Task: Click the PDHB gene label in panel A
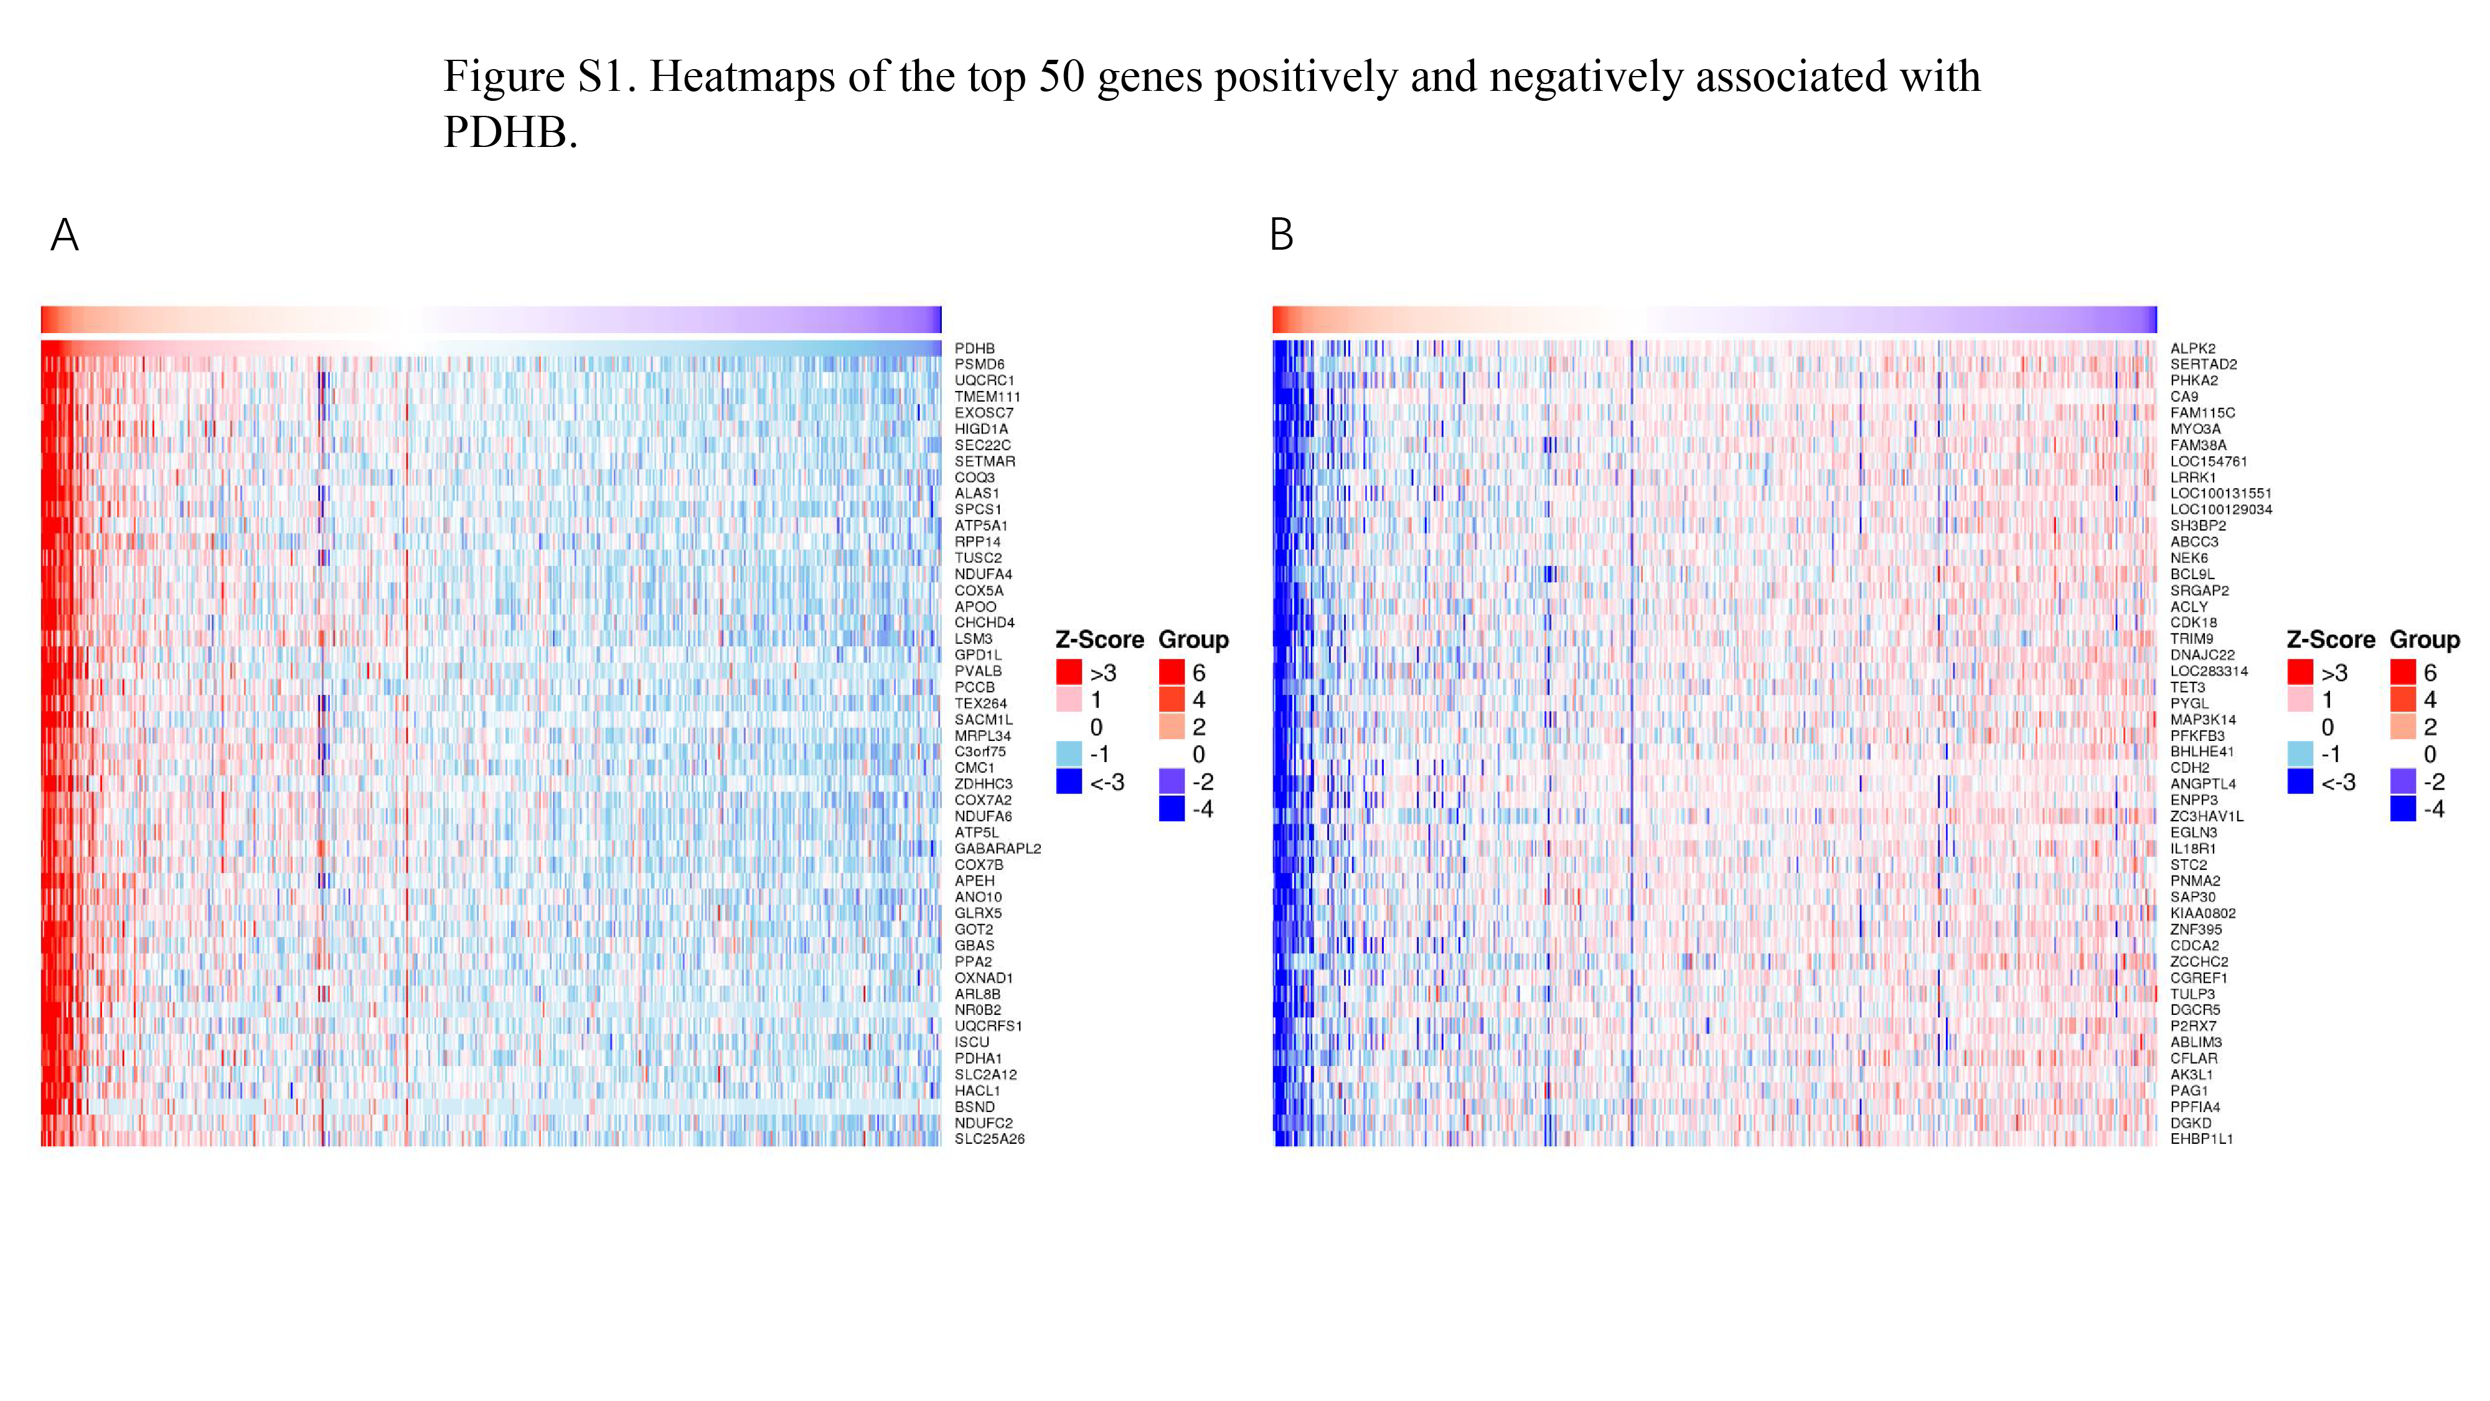(974, 348)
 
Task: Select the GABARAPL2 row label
(997, 849)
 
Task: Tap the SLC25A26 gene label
(989, 1139)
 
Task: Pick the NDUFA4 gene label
(983, 574)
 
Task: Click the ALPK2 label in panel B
(2192, 348)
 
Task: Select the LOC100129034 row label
(2221, 509)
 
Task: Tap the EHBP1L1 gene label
(2201, 1139)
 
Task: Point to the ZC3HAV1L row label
(2207, 816)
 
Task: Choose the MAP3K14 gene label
(2203, 719)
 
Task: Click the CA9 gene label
(2184, 397)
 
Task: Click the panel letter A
(65, 235)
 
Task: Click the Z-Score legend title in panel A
(1099, 640)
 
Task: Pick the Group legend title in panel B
(2424, 640)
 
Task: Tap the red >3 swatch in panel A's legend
(1069, 672)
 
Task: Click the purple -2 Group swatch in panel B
(2403, 781)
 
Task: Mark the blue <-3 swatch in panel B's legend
(2301, 781)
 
